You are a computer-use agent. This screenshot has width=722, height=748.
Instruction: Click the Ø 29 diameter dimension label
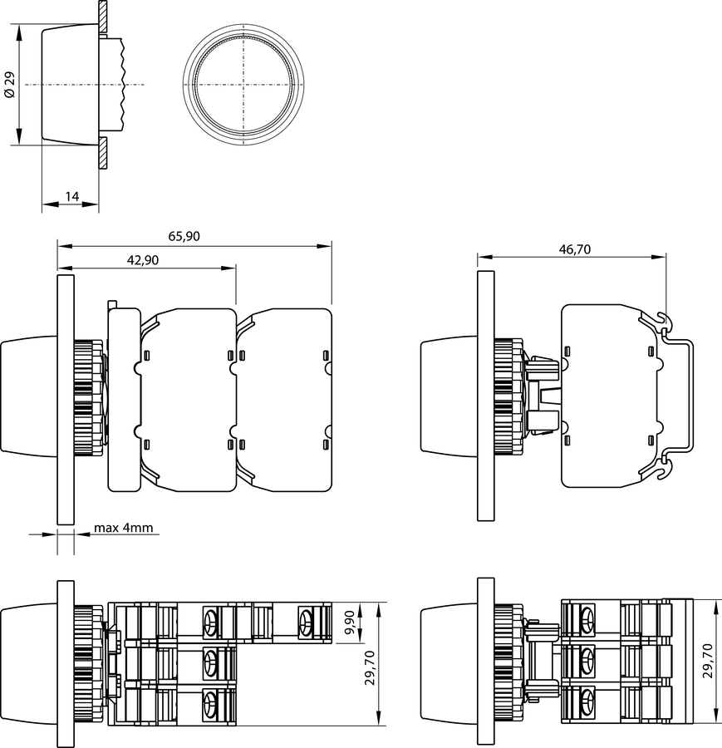click(x=10, y=85)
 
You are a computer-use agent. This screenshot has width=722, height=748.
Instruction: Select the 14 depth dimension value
click(x=71, y=196)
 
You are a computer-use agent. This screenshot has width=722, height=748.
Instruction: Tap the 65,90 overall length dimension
click(x=184, y=236)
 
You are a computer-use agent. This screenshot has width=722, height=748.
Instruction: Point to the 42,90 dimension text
click(x=143, y=260)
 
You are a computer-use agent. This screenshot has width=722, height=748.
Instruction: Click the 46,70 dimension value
click(x=575, y=249)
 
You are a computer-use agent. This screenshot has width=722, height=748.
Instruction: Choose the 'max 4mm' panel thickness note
click(x=124, y=528)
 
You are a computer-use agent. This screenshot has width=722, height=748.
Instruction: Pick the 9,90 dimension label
click(x=350, y=623)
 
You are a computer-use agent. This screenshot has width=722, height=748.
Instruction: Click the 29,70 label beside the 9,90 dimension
click(x=370, y=668)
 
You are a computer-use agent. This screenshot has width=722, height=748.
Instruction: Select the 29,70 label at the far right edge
click(x=707, y=661)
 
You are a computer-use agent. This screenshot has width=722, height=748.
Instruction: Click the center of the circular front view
click(x=243, y=85)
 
